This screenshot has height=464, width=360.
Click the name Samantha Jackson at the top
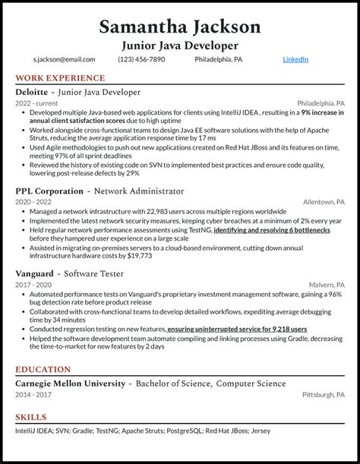pyautogui.click(x=179, y=26)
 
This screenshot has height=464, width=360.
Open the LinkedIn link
pyautogui.click(x=295, y=59)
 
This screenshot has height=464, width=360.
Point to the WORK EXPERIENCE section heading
pyautogui.click(x=60, y=78)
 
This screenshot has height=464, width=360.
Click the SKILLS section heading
pyautogui.click(x=31, y=417)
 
